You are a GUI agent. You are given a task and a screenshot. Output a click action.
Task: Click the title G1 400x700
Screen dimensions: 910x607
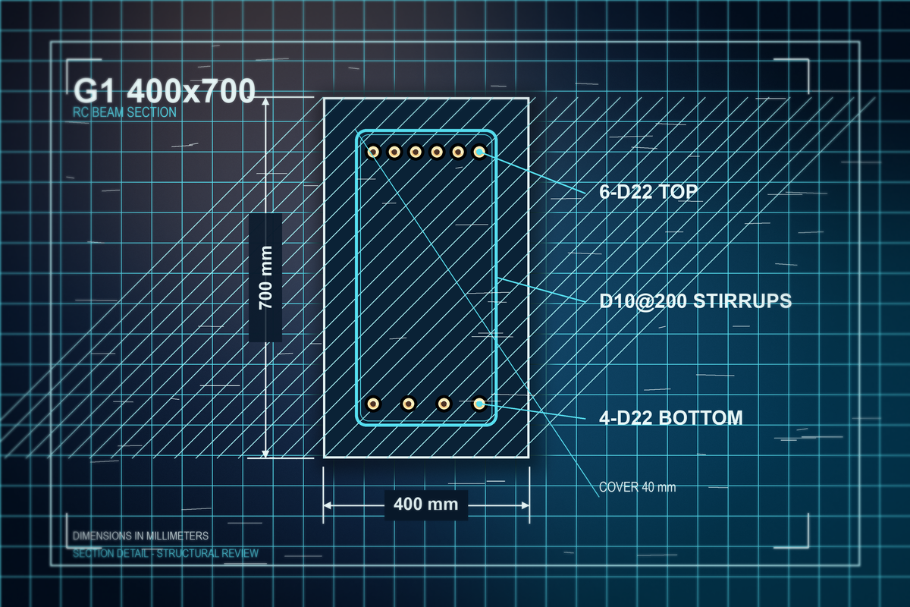pyautogui.click(x=164, y=90)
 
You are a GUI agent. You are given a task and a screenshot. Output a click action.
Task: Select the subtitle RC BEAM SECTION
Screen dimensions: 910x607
pyautogui.click(x=124, y=112)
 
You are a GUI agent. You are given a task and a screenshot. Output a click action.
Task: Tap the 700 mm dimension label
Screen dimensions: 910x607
pyautogui.click(x=265, y=277)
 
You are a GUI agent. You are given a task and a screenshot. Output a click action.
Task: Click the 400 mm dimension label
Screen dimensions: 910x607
pyautogui.click(x=425, y=505)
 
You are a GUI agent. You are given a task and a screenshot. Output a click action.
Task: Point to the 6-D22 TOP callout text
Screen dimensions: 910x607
pyautogui.click(x=648, y=191)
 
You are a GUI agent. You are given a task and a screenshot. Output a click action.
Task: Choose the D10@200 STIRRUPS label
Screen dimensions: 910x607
pyautogui.click(x=695, y=301)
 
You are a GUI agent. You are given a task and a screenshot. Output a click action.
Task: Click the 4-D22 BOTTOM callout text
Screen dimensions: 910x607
pyautogui.click(x=671, y=417)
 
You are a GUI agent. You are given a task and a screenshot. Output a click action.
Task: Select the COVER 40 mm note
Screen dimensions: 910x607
pyautogui.click(x=638, y=487)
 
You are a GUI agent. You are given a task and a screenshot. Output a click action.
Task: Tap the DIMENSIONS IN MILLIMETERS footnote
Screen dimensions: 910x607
pyautogui.click(x=140, y=536)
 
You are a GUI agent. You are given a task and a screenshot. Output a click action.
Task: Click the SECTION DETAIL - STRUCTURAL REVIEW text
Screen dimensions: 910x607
pyautogui.click(x=166, y=553)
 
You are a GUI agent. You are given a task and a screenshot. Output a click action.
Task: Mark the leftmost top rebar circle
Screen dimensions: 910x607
pyautogui.click(x=373, y=152)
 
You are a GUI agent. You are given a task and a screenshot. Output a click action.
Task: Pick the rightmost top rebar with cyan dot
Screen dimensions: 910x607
pyautogui.click(x=479, y=152)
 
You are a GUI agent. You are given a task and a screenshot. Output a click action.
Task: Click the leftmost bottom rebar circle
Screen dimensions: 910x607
pyautogui.click(x=373, y=404)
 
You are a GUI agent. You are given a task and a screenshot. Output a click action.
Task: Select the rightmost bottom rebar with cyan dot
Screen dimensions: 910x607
pyautogui.click(x=479, y=404)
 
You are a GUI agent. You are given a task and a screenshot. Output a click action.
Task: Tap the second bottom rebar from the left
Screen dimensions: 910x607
pyautogui.click(x=408, y=404)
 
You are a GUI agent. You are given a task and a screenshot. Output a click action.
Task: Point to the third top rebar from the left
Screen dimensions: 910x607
pyautogui.click(x=416, y=152)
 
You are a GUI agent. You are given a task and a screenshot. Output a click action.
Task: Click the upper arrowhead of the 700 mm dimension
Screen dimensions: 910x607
pyautogui.click(x=265, y=102)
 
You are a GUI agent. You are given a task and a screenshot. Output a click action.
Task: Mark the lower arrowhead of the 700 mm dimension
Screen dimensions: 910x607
pyautogui.click(x=265, y=454)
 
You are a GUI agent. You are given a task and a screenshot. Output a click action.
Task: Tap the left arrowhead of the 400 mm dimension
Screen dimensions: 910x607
pyautogui.click(x=328, y=505)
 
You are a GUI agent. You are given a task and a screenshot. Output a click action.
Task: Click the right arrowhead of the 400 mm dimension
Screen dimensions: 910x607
pyautogui.click(x=526, y=505)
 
